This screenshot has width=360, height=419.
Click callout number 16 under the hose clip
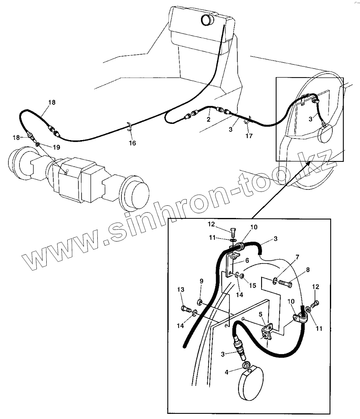(x=132, y=143)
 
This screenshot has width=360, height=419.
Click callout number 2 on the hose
(x=208, y=119)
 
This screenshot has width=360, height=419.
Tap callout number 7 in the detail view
(x=308, y=269)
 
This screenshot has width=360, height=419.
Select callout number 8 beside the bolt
(x=201, y=281)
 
